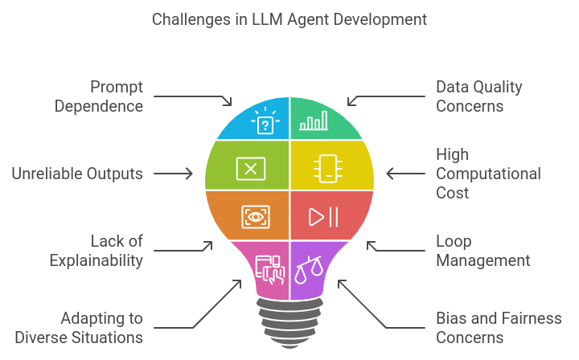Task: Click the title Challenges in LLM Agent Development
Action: pyautogui.click(x=289, y=19)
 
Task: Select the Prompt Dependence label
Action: pyautogui.click(x=99, y=96)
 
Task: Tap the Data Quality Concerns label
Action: pyautogui.click(x=479, y=96)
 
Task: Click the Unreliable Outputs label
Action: pyautogui.click(x=77, y=174)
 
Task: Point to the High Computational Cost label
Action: pyautogui.click(x=488, y=174)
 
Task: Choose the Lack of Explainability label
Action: pyautogui.click(x=96, y=251)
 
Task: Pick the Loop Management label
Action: pyautogui.click(x=483, y=251)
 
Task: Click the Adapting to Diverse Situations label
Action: pyautogui.click(x=79, y=328)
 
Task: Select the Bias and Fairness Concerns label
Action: pyautogui.click(x=499, y=328)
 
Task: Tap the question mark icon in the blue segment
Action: pyautogui.click(x=265, y=121)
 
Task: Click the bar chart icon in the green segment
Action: pyautogui.click(x=314, y=121)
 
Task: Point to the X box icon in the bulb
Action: pyautogui.click(x=251, y=169)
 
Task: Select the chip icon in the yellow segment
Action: pyautogui.click(x=328, y=169)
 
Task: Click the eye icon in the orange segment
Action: pyautogui.click(x=256, y=217)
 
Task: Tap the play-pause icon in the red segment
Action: pyautogui.click(x=323, y=217)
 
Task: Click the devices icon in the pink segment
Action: pyautogui.click(x=270, y=270)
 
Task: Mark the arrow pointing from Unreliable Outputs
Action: pyautogui.click(x=173, y=174)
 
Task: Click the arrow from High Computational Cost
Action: pyautogui.click(x=406, y=174)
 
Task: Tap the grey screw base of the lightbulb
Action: pyautogui.click(x=289, y=323)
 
